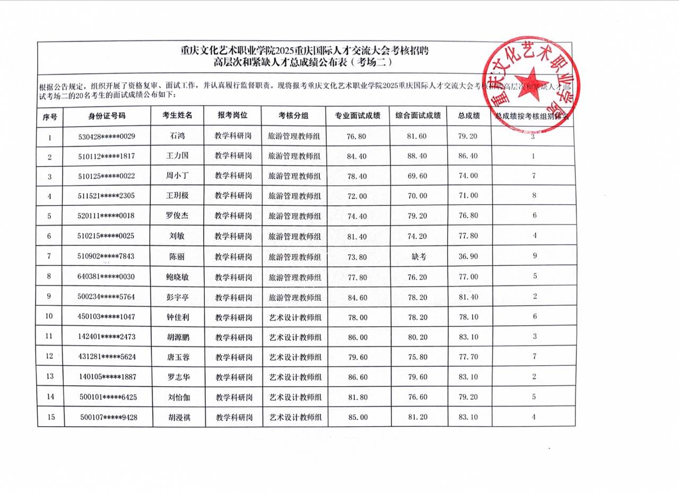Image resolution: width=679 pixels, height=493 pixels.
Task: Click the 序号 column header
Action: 50,116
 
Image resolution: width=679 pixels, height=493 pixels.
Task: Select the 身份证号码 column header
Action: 107,116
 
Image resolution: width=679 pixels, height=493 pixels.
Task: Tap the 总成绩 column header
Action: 469,116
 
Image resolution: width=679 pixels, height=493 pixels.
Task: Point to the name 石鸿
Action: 178,136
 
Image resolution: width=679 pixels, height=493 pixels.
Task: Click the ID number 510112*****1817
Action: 107,156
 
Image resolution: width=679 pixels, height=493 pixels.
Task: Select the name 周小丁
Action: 178,176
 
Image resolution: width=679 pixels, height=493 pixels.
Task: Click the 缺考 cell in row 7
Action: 419,256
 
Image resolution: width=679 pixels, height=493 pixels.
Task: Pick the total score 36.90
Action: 467,256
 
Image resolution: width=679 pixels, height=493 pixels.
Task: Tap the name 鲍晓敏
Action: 178,276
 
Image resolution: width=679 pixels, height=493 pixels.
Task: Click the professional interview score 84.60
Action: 356,297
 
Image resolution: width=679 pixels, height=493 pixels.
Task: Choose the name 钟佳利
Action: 178,317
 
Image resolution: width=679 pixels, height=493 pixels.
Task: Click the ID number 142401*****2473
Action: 107,336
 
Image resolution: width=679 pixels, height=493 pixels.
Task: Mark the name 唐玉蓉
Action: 178,357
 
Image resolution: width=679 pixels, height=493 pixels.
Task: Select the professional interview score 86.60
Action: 356,377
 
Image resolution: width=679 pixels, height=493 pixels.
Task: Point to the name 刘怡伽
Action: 178,397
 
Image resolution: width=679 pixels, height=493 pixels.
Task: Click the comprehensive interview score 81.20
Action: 419,417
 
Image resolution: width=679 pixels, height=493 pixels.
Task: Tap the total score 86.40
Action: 467,156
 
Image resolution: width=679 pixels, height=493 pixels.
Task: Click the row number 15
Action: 51,417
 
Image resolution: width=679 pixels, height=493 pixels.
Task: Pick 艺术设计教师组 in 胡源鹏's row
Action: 294,336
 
